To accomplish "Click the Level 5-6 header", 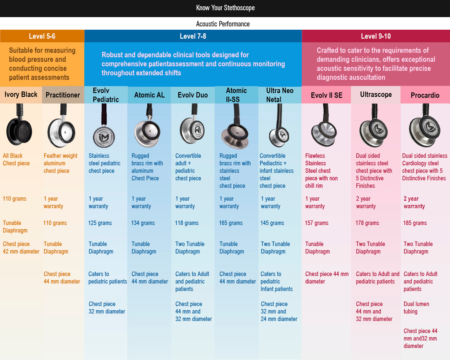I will (42, 36).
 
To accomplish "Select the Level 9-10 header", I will (376, 36).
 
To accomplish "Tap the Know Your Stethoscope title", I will (225, 8).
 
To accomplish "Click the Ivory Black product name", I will (21, 94).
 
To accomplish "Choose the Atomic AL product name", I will (149, 95).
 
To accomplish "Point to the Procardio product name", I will (425, 95).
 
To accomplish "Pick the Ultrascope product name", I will (376, 94).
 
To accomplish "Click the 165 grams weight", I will (231, 223).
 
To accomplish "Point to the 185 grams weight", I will (415, 223).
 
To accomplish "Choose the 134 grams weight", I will (143, 223).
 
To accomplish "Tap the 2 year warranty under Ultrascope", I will (366, 202).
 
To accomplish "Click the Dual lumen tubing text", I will (416, 308).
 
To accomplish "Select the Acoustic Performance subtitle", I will (223, 24).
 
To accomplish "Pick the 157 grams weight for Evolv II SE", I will (316, 223).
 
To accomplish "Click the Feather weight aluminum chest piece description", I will (60, 163).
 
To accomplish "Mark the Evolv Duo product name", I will (193, 95).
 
